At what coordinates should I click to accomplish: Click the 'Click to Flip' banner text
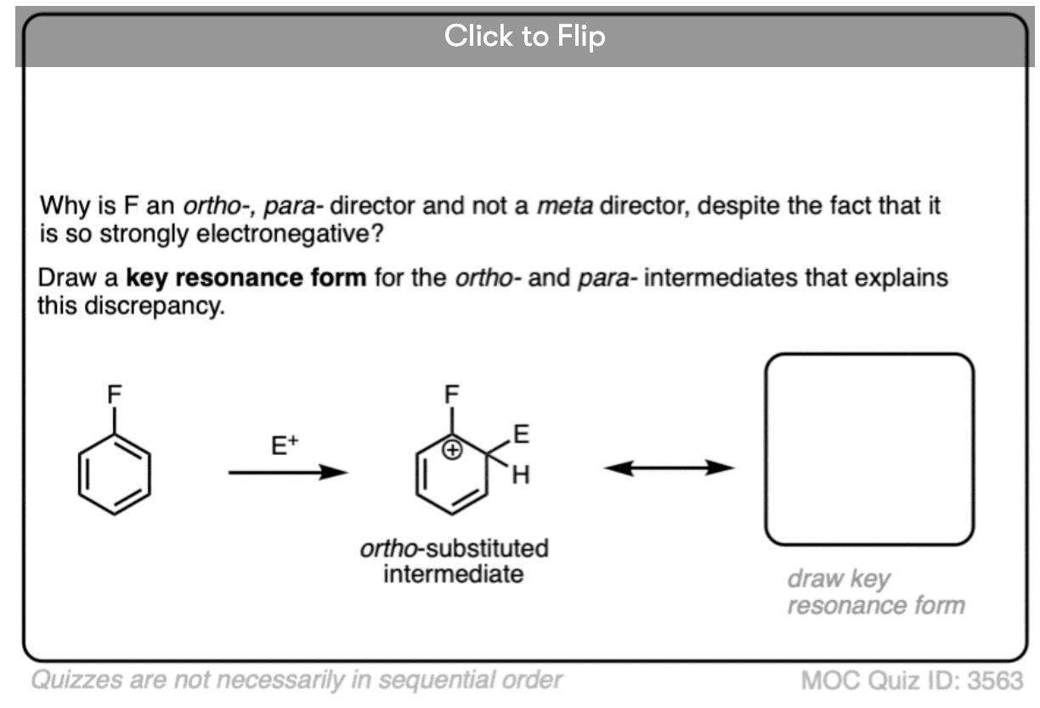524,36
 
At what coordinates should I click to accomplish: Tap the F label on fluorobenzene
114,395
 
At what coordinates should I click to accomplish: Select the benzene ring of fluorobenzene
79,475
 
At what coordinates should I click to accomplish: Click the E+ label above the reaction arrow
285,446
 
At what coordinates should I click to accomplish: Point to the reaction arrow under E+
288,472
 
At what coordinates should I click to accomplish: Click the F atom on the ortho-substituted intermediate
452,395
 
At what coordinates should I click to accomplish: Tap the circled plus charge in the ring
452,450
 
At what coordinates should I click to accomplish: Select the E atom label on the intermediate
522,435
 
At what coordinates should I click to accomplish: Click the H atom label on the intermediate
521,475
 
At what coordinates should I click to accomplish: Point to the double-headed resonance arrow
669,468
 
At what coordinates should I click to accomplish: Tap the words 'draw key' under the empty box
839,579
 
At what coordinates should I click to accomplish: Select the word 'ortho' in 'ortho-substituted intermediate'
389,548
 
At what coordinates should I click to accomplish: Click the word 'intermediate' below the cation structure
454,574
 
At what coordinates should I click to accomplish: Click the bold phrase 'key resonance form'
246,278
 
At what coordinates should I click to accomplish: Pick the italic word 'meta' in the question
565,205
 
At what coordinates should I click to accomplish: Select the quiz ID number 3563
995,681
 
